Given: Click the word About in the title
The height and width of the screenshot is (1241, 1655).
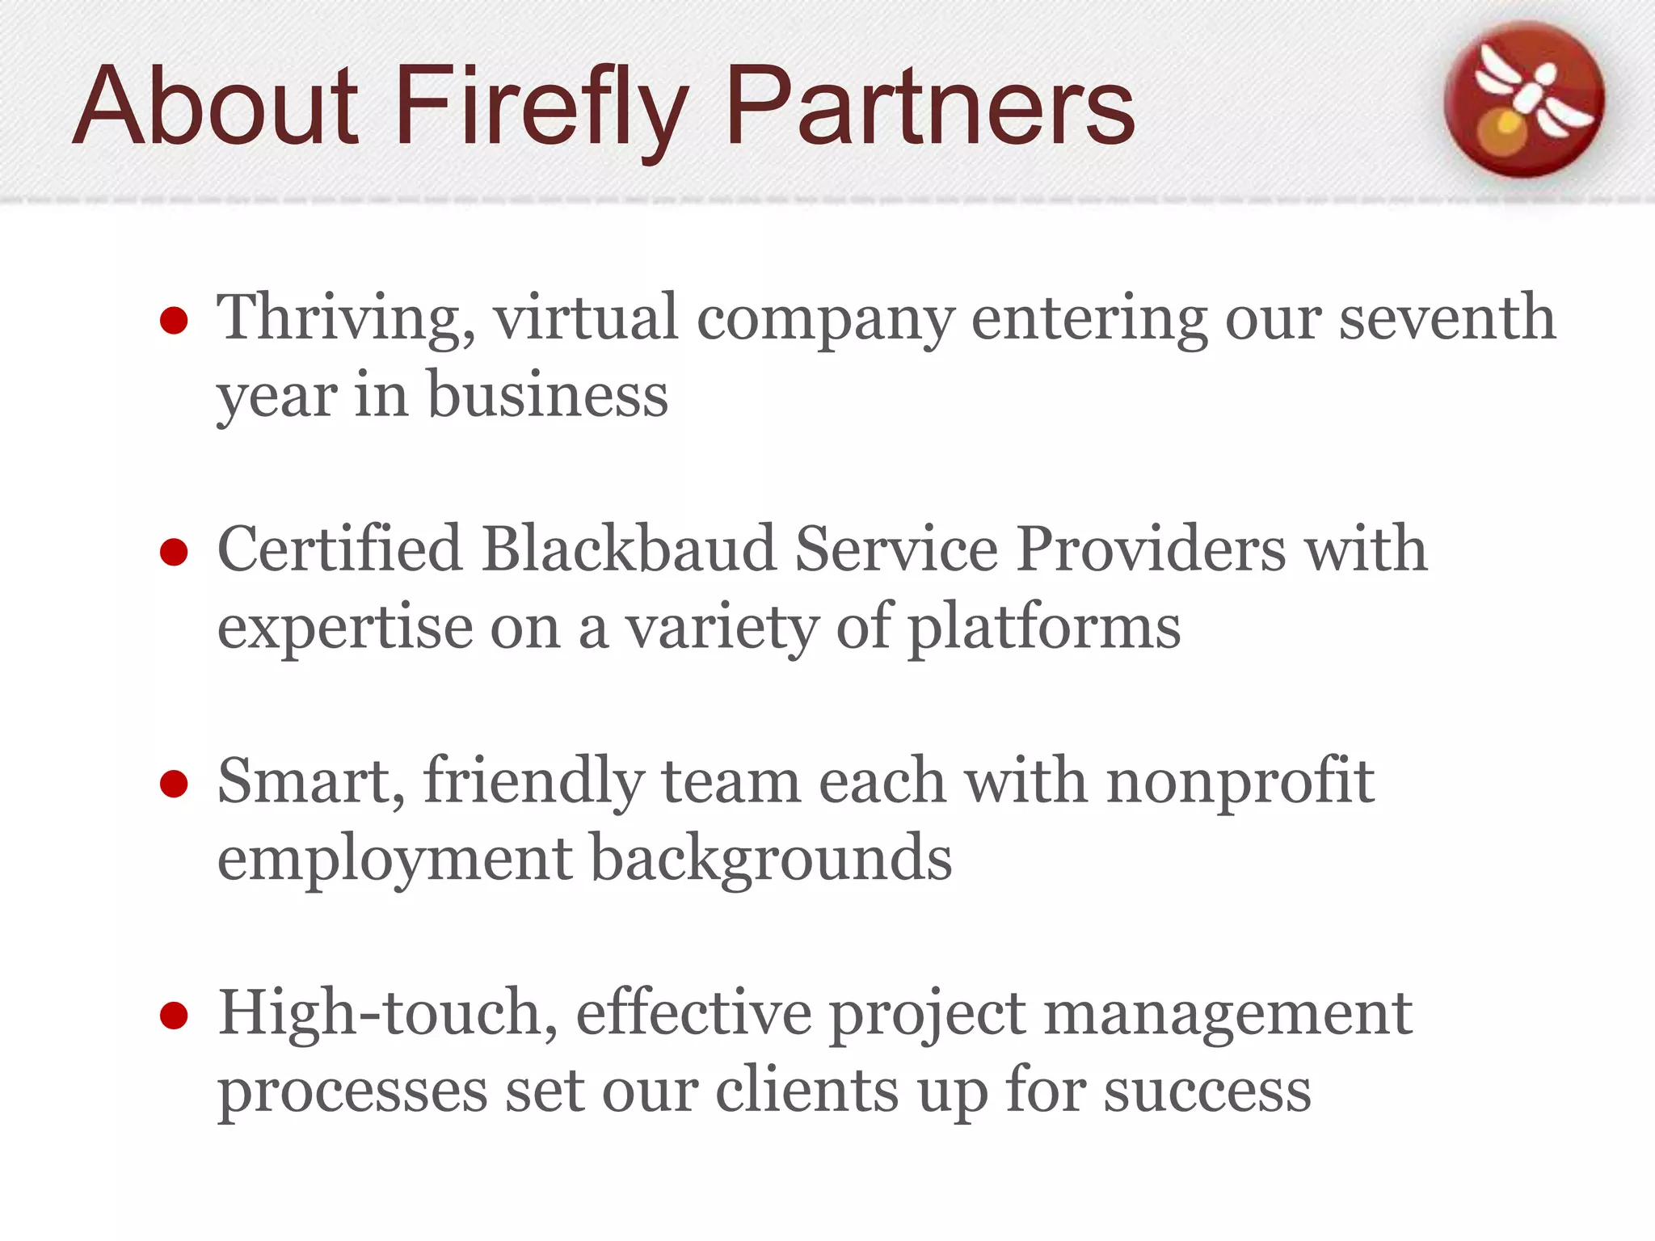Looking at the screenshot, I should click(x=215, y=107).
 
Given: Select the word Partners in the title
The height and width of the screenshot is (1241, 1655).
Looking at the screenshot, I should click(x=930, y=107).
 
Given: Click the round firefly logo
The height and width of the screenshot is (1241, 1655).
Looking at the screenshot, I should click(x=1524, y=99).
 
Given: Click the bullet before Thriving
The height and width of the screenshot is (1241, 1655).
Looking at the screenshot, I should click(x=174, y=321).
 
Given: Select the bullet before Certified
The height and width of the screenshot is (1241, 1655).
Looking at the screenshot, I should click(x=174, y=553).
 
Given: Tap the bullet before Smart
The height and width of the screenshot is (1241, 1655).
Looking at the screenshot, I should click(x=174, y=784).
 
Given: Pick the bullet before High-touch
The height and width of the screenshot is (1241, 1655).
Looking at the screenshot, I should click(x=174, y=1016).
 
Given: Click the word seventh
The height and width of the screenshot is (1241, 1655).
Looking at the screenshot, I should click(x=1447, y=317).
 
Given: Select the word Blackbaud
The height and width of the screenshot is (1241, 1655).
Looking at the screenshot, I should click(x=629, y=549).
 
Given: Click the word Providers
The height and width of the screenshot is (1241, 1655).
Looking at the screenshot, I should click(x=1151, y=549).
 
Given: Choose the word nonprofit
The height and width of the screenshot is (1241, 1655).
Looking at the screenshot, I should click(x=1240, y=782).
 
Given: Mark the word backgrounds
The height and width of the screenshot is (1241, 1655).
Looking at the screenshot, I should click(x=771, y=858).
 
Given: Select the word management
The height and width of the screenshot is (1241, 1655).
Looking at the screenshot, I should click(x=1228, y=1014).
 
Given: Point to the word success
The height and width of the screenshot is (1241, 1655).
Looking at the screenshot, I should click(x=1207, y=1090).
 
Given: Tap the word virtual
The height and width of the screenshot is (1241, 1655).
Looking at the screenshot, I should click(x=586, y=317).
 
